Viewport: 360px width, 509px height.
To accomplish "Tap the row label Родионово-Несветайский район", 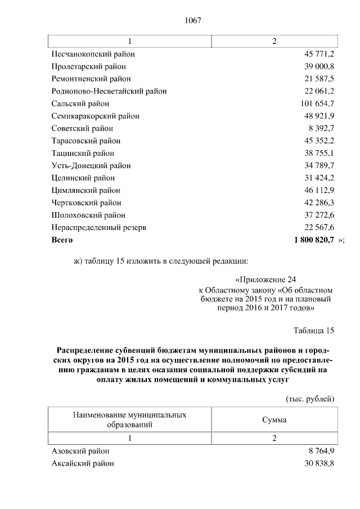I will click(109, 91).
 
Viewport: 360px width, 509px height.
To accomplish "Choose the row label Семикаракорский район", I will click(95, 116).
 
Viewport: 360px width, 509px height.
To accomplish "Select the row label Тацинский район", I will click(83, 153).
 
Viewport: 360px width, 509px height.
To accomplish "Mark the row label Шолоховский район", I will click(88, 215).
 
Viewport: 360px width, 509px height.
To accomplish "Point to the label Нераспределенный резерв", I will click(99, 227).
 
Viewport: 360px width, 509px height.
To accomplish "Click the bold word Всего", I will click(62, 240).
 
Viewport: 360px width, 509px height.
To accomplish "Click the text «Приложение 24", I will click(264, 280).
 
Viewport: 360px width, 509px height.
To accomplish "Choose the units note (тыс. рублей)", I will click(310, 399).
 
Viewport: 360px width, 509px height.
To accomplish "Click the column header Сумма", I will click(274, 420).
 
